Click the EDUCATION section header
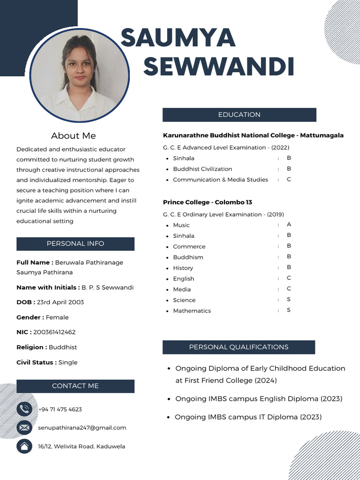click(239, 115)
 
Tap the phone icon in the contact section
click(24, 409)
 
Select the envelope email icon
click(24, 427)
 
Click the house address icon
click(24, 446)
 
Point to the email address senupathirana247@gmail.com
click(82, 427)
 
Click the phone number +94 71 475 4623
click(60, 409)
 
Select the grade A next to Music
click(289, 225)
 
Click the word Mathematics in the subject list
click(192, 311)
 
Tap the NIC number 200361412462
click(54, 332)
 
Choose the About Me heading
click(73, 136)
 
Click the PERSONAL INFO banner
click(75, 244)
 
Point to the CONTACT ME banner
click(75, 386)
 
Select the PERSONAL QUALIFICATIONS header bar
click(239, 347)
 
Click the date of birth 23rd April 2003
click(60, 302)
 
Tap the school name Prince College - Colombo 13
click(207, 202)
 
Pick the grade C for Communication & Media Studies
click(289, 180)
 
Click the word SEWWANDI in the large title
click(218, 67)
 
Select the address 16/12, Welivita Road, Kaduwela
click(82, 446)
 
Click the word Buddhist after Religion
click(63, 347)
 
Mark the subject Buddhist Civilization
click(202, 169)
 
